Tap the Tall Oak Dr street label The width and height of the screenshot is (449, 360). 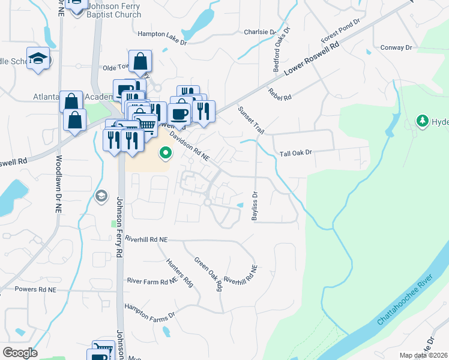[x=297, y=153]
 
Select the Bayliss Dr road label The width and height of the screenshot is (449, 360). [x=255, y=206]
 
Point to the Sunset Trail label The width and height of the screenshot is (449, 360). [x=251, y=120]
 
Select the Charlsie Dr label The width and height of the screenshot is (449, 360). [x=259, y=32]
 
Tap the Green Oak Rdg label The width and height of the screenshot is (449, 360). [x=208, y=274]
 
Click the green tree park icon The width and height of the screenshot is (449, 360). [x=422, y=121]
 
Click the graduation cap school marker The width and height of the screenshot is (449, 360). [x=38, y=58]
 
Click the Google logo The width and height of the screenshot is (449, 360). [x=20, y=352]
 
